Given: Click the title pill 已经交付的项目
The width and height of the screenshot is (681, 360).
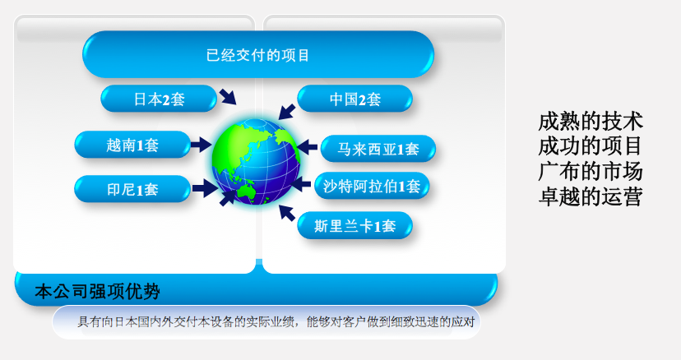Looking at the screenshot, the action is [x=258, y=54].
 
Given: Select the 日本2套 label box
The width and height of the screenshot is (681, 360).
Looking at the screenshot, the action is [x=159, y=99].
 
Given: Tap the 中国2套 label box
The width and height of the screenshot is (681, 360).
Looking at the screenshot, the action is [x=354, y=99].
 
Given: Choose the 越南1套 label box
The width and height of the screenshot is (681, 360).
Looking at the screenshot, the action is [x=132, y=144].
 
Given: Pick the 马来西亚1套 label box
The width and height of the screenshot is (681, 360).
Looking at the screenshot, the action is [x=378, y=149].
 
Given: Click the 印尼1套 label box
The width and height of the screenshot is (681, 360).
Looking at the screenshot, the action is [x=132, y=189].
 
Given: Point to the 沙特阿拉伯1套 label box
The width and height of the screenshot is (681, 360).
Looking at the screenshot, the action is [x=372, y=186].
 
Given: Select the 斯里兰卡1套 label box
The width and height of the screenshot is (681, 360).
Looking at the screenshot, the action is [x=354, y=225].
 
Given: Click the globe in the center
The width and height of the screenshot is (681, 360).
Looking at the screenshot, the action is [x=257, y=162].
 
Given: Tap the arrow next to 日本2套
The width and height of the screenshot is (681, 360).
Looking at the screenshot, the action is [x=228, y=96].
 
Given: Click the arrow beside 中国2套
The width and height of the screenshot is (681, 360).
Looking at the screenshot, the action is [x=287, y=112].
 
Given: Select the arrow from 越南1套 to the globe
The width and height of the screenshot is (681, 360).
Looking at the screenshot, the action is [x=201, y=144].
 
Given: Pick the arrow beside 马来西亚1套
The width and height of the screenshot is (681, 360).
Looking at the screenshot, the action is [x=307, y=147].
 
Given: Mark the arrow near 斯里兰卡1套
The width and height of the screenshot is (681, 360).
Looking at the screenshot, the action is [x=287, y=213].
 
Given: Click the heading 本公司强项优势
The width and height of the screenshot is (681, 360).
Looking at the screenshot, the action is [x=97, y=292].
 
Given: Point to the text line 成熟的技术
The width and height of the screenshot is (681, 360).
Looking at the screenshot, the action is [x=590, y=121].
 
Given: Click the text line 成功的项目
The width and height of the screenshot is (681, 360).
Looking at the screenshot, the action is [x=590, y=146].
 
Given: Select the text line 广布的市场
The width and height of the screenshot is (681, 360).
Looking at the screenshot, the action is [x=590, y=171].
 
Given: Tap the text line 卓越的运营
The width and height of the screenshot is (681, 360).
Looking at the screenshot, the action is [x=590, y=196].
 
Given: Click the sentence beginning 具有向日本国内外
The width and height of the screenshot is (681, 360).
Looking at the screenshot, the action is [x=276, y=322].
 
